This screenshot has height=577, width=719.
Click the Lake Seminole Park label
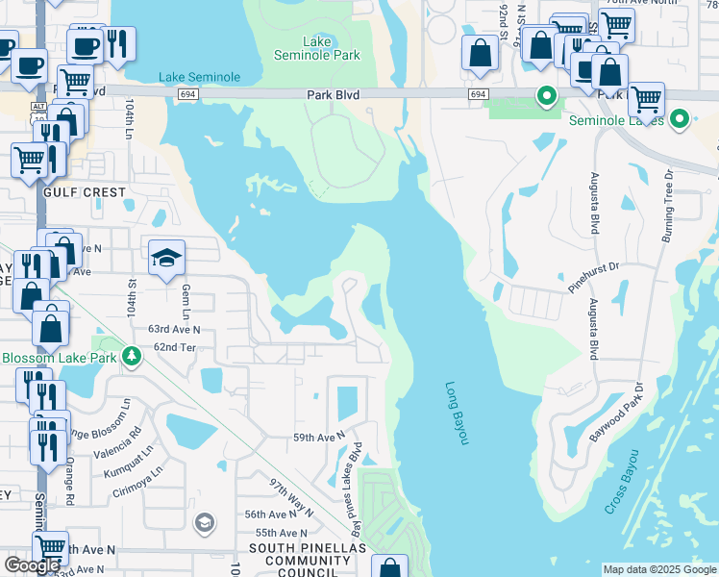pyautogui.click(x=331, y=48)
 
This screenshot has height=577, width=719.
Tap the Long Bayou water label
pyautogui.click(x=458, y=413)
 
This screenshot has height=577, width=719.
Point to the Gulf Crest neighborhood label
pyautogui.click(x=85, y=192)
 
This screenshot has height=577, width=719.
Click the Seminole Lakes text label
pyautogui.click(x=616, y=120)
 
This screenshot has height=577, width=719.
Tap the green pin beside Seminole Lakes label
pyautogui.click(x=680, y=120)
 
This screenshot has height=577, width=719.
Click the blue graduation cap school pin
pyautogui.click(x=166, y=258)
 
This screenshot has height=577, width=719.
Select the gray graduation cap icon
pyautogui.click(x=204, y=522)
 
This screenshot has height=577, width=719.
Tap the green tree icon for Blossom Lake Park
pyautogui.click(x=132, y=358)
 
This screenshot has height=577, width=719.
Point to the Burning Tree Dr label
pyautogui.click(x=667, y=203)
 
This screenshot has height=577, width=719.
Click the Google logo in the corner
pyautogui.click(x=33, y=565)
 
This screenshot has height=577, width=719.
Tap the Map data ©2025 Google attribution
pyautogui.click(x=659, y=569)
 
